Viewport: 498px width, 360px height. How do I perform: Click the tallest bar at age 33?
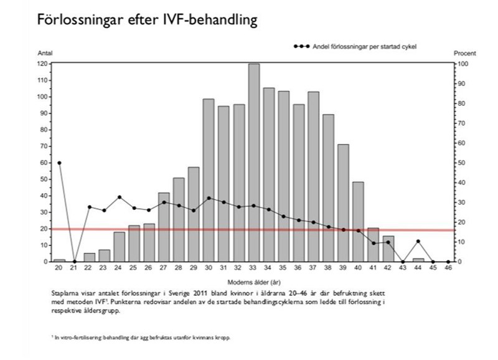pos(253,162)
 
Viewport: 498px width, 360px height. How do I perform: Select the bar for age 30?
pos(209,181)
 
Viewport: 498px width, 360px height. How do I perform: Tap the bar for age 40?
pos(358,222)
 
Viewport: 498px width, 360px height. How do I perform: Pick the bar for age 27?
pos(164,227)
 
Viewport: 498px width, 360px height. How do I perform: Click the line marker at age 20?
pos(59,163)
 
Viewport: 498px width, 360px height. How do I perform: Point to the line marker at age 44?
pos(418,241)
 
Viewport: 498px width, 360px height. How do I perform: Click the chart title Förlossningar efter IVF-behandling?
pos(147,20)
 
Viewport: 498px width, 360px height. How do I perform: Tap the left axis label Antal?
pos(45,55)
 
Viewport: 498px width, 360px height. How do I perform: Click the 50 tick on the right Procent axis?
pos(463,163)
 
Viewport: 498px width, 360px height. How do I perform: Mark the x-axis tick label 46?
pos(448,268)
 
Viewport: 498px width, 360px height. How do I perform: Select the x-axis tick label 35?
pos(283,268)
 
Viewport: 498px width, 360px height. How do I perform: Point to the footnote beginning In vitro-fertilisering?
pos(143,338)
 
